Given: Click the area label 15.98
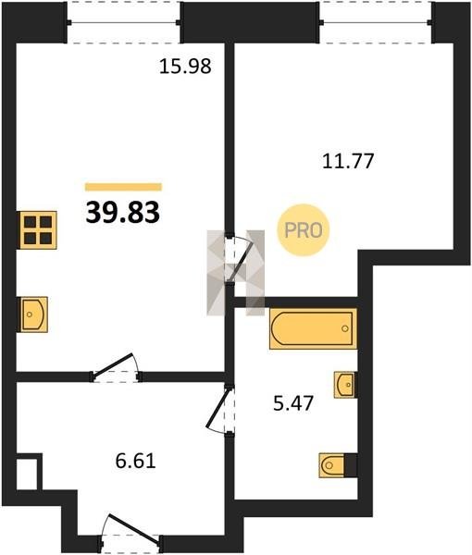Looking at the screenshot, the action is [x=185, y=67].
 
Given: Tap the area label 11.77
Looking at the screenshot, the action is [x=348, y=161].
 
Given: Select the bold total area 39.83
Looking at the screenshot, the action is [x=123, y=213].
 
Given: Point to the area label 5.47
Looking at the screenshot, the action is [x=293, y=403].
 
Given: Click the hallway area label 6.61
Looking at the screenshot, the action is [x=136, y=462].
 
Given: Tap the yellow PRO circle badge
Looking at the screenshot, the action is [x=304, y=230].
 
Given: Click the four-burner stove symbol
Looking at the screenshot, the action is [x=38, y=230].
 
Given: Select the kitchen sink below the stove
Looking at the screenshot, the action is [x=33, y=314].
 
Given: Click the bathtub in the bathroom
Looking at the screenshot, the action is [x=313, y=328].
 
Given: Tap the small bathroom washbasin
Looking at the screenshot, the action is [x=344, y=385].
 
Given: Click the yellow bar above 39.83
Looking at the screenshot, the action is [x=123, y=187].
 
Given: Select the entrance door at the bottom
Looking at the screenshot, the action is [x=130, y=531].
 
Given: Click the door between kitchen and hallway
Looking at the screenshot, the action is [x=116, y=368].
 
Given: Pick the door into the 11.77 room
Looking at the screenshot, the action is [x=239, y=259].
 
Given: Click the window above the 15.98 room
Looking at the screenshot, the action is [x=123, y=22].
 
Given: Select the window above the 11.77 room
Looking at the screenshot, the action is [x=376, y=22].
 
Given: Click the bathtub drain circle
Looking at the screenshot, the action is [x=345, y=328].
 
